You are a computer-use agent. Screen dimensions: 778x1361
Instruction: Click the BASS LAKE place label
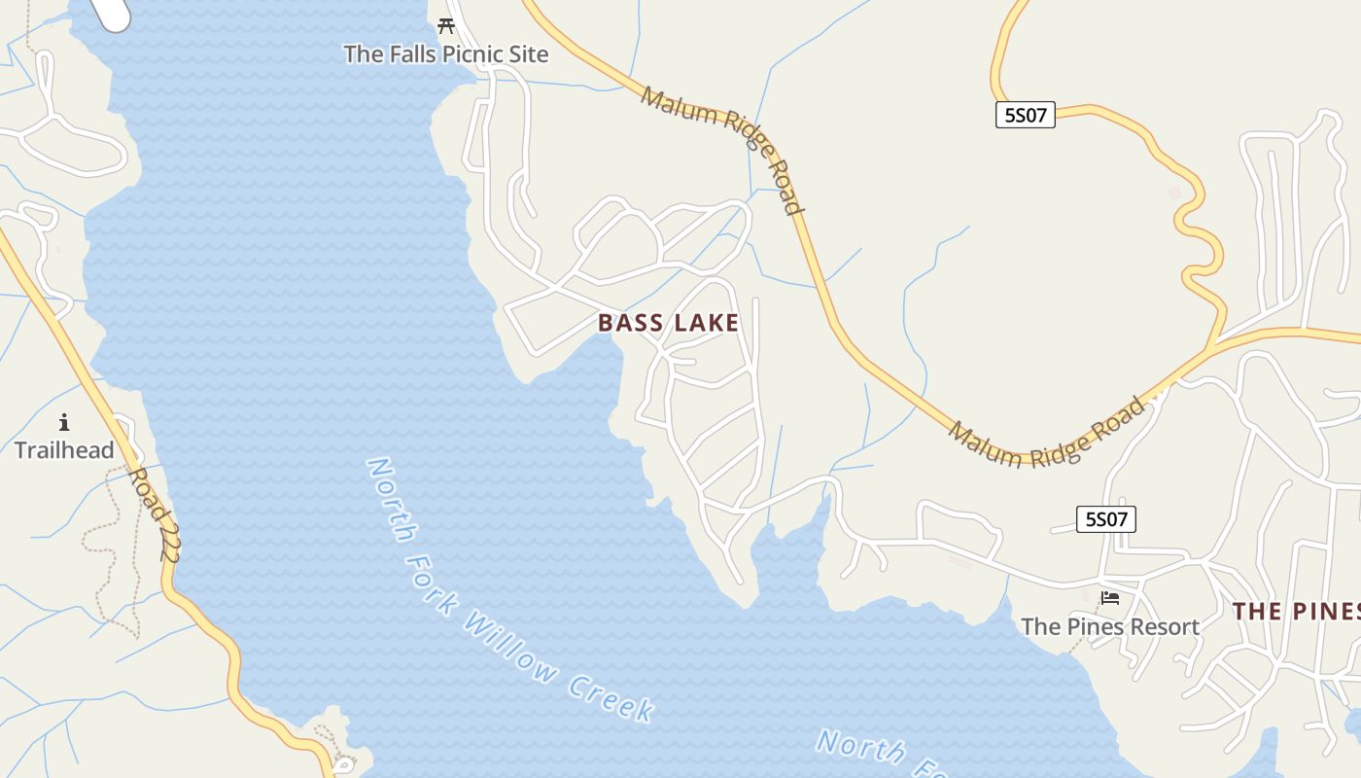[x=668, y=323]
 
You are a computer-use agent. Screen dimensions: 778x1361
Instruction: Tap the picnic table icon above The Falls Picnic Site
[x=446, y=26]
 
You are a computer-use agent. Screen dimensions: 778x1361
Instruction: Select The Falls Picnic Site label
[x=446, y=54]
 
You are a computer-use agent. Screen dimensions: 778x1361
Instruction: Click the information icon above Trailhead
[x=64, y=422]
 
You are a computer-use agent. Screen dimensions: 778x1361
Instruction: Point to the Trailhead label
[x=64, y=450]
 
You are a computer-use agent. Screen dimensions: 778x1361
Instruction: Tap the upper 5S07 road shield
[x=1025, y=116]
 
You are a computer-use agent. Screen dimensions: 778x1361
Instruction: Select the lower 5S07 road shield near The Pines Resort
[x=1105, y=519]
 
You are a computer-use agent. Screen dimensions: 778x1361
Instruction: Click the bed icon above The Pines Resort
[x=1109, y=598]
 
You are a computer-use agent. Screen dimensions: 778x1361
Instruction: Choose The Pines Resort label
[x=1109, y=627]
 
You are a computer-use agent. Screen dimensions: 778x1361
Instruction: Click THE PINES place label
[x=1297, y=612]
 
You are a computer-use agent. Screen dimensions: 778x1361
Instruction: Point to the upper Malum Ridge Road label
[x=723, y=149]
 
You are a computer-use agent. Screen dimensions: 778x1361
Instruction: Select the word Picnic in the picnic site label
[x=474, y=54]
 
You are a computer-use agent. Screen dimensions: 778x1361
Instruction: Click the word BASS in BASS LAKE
[x=627, y=323]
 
